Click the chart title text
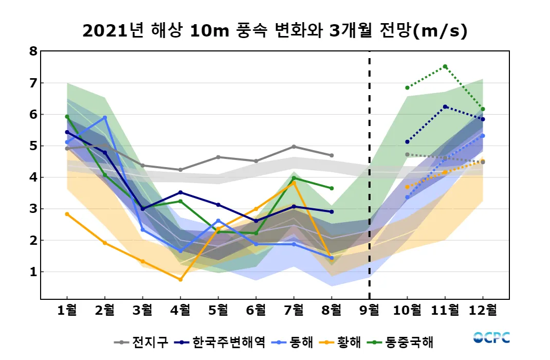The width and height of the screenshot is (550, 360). [x=275, y=31]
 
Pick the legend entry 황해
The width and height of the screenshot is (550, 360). [x=349, y=342]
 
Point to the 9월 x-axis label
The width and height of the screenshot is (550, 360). [x=370, y=310]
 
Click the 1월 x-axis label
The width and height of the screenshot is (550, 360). [x=67, y=310]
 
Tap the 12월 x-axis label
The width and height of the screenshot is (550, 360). [x=483, y=310]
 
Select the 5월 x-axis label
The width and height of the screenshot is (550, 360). [x=218, y=310]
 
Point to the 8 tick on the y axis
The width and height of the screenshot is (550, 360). [x=33, y=51]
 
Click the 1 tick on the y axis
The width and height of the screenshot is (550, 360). [x=33, y=272]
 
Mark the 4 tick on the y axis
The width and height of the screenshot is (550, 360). [x=33, y=177]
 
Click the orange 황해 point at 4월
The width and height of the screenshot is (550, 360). [x=180, y=279]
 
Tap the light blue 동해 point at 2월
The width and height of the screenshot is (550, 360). [x=105, y=117]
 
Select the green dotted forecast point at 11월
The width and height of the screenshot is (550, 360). [x=445, y=66]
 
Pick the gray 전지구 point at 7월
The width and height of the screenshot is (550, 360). [x=294, y=147]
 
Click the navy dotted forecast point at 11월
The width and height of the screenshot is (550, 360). [x=445, y=106]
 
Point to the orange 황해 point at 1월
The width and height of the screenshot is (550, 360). [x=67, y=214]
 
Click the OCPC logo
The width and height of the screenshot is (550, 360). [x=491, y=338]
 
